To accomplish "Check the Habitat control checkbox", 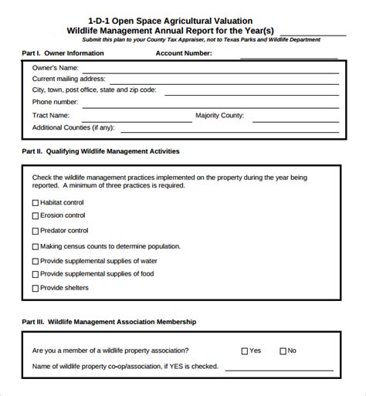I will pos(36,202).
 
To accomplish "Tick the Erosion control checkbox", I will pos(36,216).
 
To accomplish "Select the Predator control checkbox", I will pos(36,231).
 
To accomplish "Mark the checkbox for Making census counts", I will pos(36,246).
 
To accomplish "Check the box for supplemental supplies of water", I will pos(36,260).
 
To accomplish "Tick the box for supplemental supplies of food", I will pos(36,274).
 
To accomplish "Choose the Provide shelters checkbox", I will pos(36,288).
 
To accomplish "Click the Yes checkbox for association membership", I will pos(245,350).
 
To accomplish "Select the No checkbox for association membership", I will pos(283,350).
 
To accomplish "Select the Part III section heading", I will pos(109,321).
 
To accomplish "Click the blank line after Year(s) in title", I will pos(312,32).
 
